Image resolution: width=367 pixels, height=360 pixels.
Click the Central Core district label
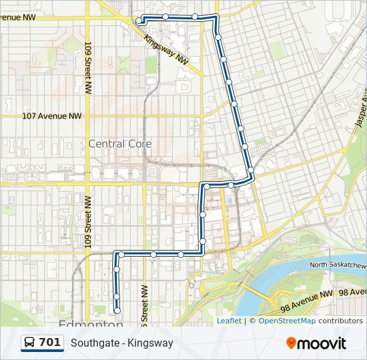[120, 144]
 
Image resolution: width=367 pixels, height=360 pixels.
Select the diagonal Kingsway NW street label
[167, 49]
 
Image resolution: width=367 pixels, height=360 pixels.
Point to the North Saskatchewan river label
[338, 266]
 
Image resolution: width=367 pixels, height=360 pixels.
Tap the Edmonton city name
[91, 325]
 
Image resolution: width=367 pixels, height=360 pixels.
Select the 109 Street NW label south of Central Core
[87, 223]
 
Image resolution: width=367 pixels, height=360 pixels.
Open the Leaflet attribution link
[229, 321]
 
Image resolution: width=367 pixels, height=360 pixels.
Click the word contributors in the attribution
[340, 321]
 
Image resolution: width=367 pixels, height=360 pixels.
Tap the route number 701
[50, 343]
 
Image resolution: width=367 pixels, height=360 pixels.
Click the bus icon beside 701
[30, 343]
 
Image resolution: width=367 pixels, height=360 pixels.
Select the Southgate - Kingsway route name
[122, 343]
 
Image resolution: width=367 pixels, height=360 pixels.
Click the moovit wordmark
[322, 343]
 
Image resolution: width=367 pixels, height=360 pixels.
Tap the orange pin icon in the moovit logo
[291, 343]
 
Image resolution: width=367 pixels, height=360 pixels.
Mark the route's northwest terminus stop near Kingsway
[139, 21]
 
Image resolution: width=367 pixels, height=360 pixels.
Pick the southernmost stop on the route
[117, 310]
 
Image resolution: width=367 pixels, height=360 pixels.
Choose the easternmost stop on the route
[251, 172]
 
